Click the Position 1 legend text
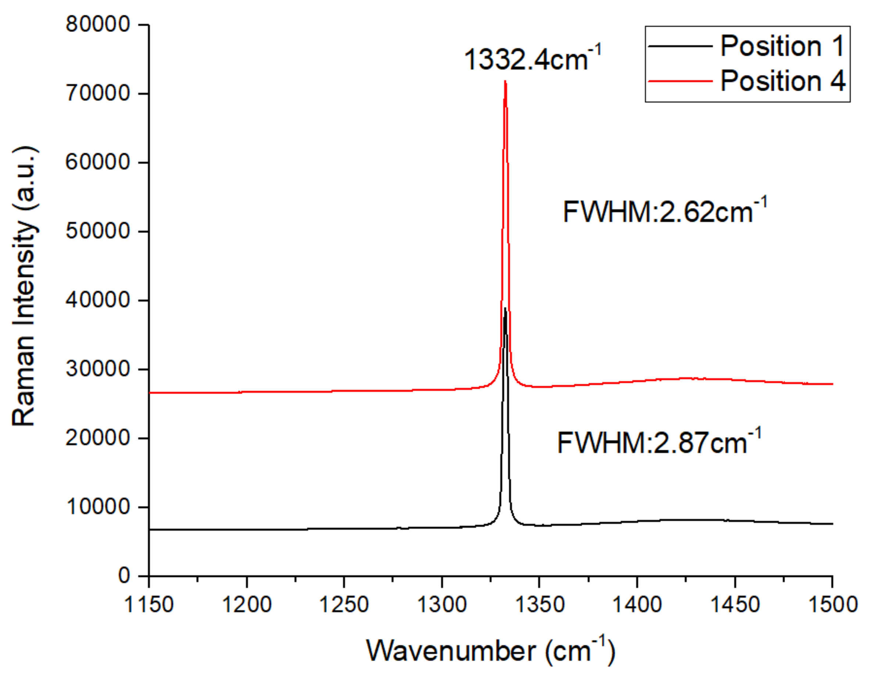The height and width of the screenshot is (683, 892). (783, 46)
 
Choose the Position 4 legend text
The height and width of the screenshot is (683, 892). (783, 81)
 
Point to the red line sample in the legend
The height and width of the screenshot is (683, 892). (680, 81)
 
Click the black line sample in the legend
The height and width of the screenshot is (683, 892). (680, 46)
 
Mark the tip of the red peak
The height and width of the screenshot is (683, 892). (505, 81)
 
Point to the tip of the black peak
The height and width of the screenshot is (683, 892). (505, 308)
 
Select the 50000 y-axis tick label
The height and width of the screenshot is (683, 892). (97, 231)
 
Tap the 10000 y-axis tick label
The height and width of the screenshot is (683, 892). (97, 507)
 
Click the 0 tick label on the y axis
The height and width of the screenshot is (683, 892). (124, 576)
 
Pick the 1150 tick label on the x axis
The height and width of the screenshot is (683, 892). (149, 604)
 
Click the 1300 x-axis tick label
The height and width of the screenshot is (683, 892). (442, 604)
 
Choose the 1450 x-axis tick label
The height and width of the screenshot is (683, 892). (735, 604)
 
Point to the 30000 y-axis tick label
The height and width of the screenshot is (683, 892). (97, 369)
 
